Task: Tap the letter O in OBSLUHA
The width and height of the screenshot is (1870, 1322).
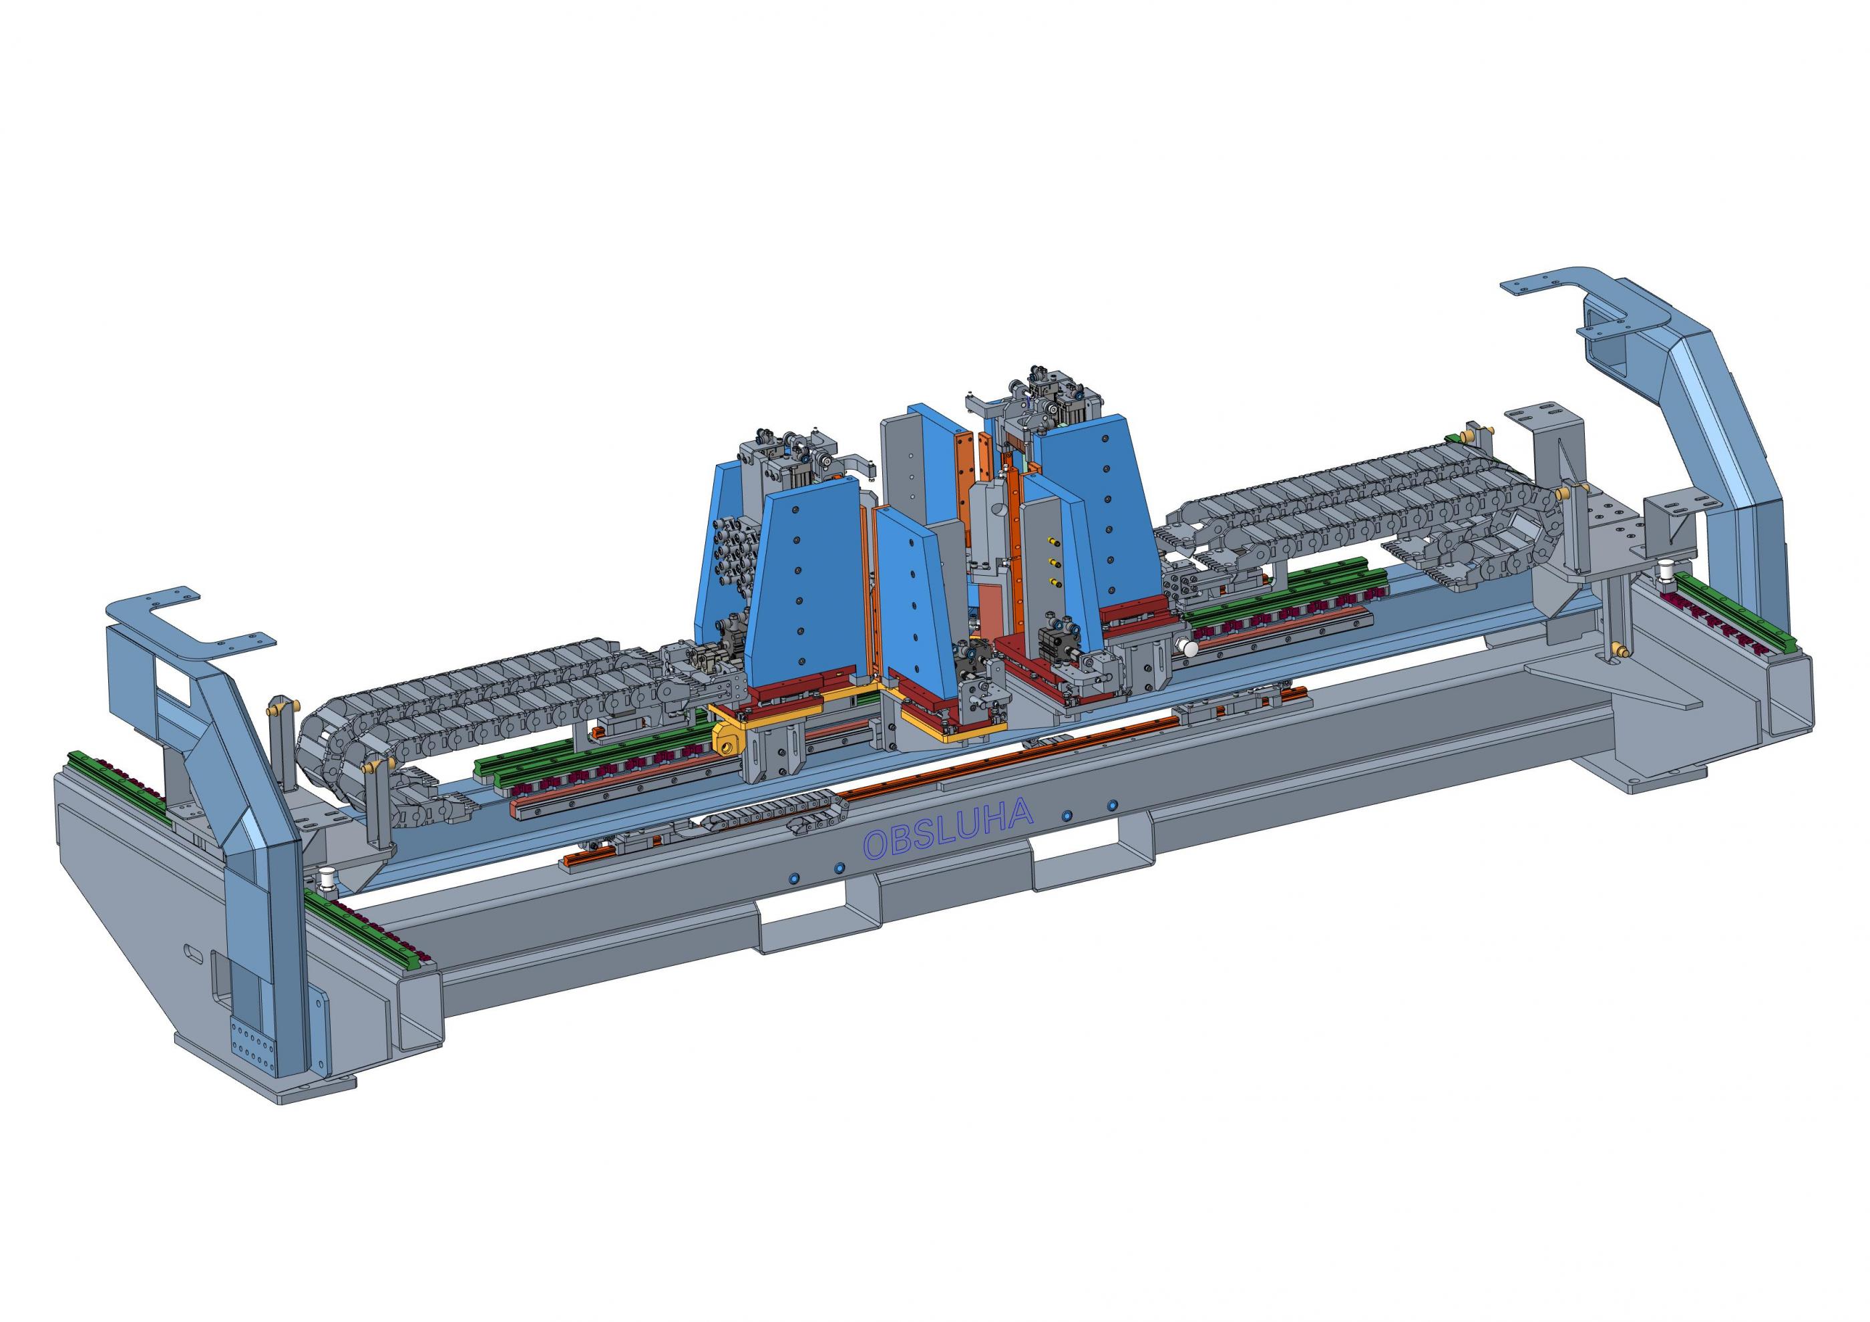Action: pyautogui.click(x=876, y=846)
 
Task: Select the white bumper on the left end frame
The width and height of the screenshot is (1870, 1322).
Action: pyautogui.click(x=328, y=878)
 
